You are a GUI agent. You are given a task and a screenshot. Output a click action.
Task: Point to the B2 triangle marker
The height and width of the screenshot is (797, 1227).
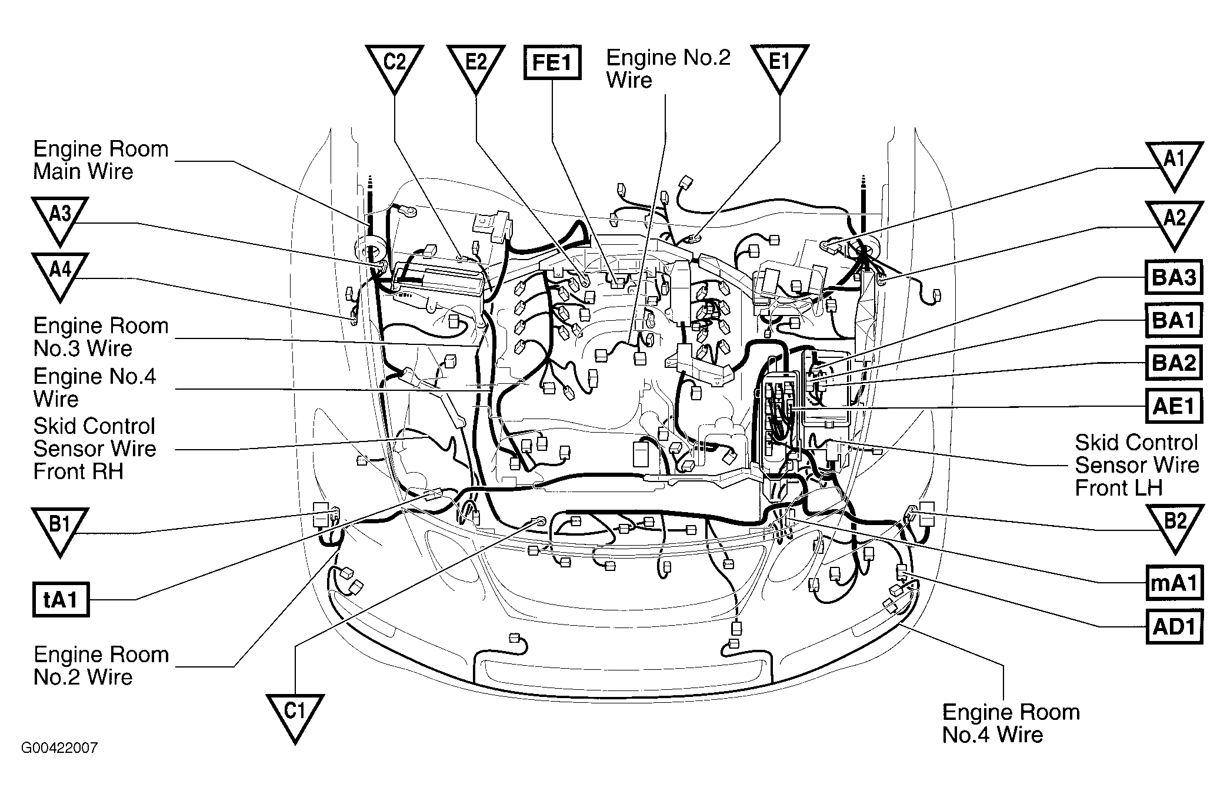pos(1174,526)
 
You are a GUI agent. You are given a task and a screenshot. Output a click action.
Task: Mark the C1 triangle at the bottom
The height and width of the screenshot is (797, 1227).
pos(295,716)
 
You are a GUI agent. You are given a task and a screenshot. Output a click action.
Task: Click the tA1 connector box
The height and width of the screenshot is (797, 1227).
pos(61,600)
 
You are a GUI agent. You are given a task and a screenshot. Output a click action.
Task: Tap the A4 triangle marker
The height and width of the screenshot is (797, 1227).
pos(59,275)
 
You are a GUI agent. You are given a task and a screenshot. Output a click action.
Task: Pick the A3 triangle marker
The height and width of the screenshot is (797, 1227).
pos(59,219)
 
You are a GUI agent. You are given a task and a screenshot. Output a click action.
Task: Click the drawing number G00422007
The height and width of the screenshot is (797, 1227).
pos(59,748)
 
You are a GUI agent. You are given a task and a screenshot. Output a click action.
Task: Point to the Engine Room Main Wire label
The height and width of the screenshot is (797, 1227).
pos(101,160)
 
